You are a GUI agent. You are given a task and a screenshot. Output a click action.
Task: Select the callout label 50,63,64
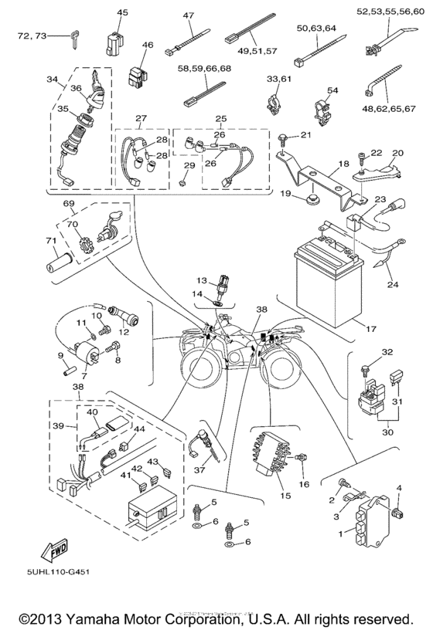click(x=315, y=29)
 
